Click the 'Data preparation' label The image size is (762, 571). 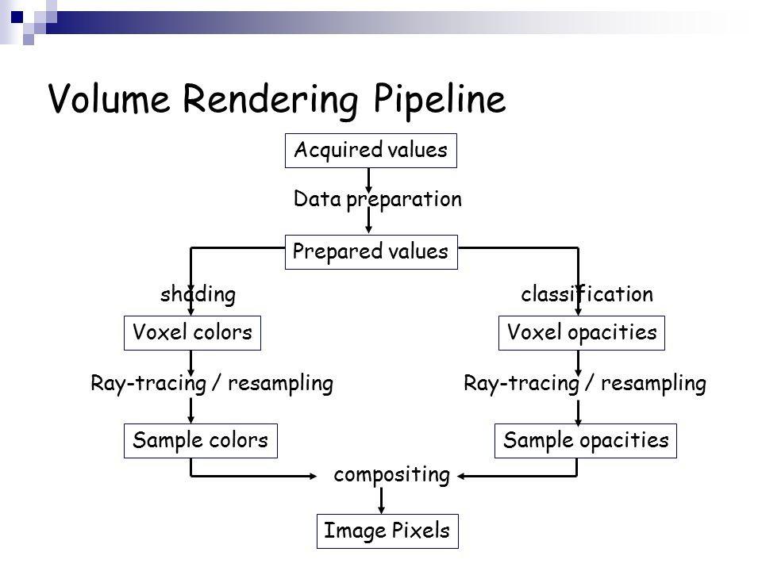(x=378, y=200)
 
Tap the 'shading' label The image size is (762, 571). (x=198, y=294)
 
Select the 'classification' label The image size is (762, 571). (x=587, y=294)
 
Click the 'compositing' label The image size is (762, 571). (x=391, y=475)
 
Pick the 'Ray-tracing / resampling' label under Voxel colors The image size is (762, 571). (x=212, y=384)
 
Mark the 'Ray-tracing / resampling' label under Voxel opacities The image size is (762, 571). (x=585, y=384)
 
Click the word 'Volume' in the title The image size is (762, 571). (x=110, y=98)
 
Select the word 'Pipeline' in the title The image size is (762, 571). (x=440, y=100)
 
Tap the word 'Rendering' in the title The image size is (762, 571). (x=271, y=100)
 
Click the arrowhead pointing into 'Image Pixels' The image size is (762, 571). (x=382, y=509)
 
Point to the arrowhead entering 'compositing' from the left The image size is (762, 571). (x=313, y=477)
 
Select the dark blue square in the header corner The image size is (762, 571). (x=17, y=17)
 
